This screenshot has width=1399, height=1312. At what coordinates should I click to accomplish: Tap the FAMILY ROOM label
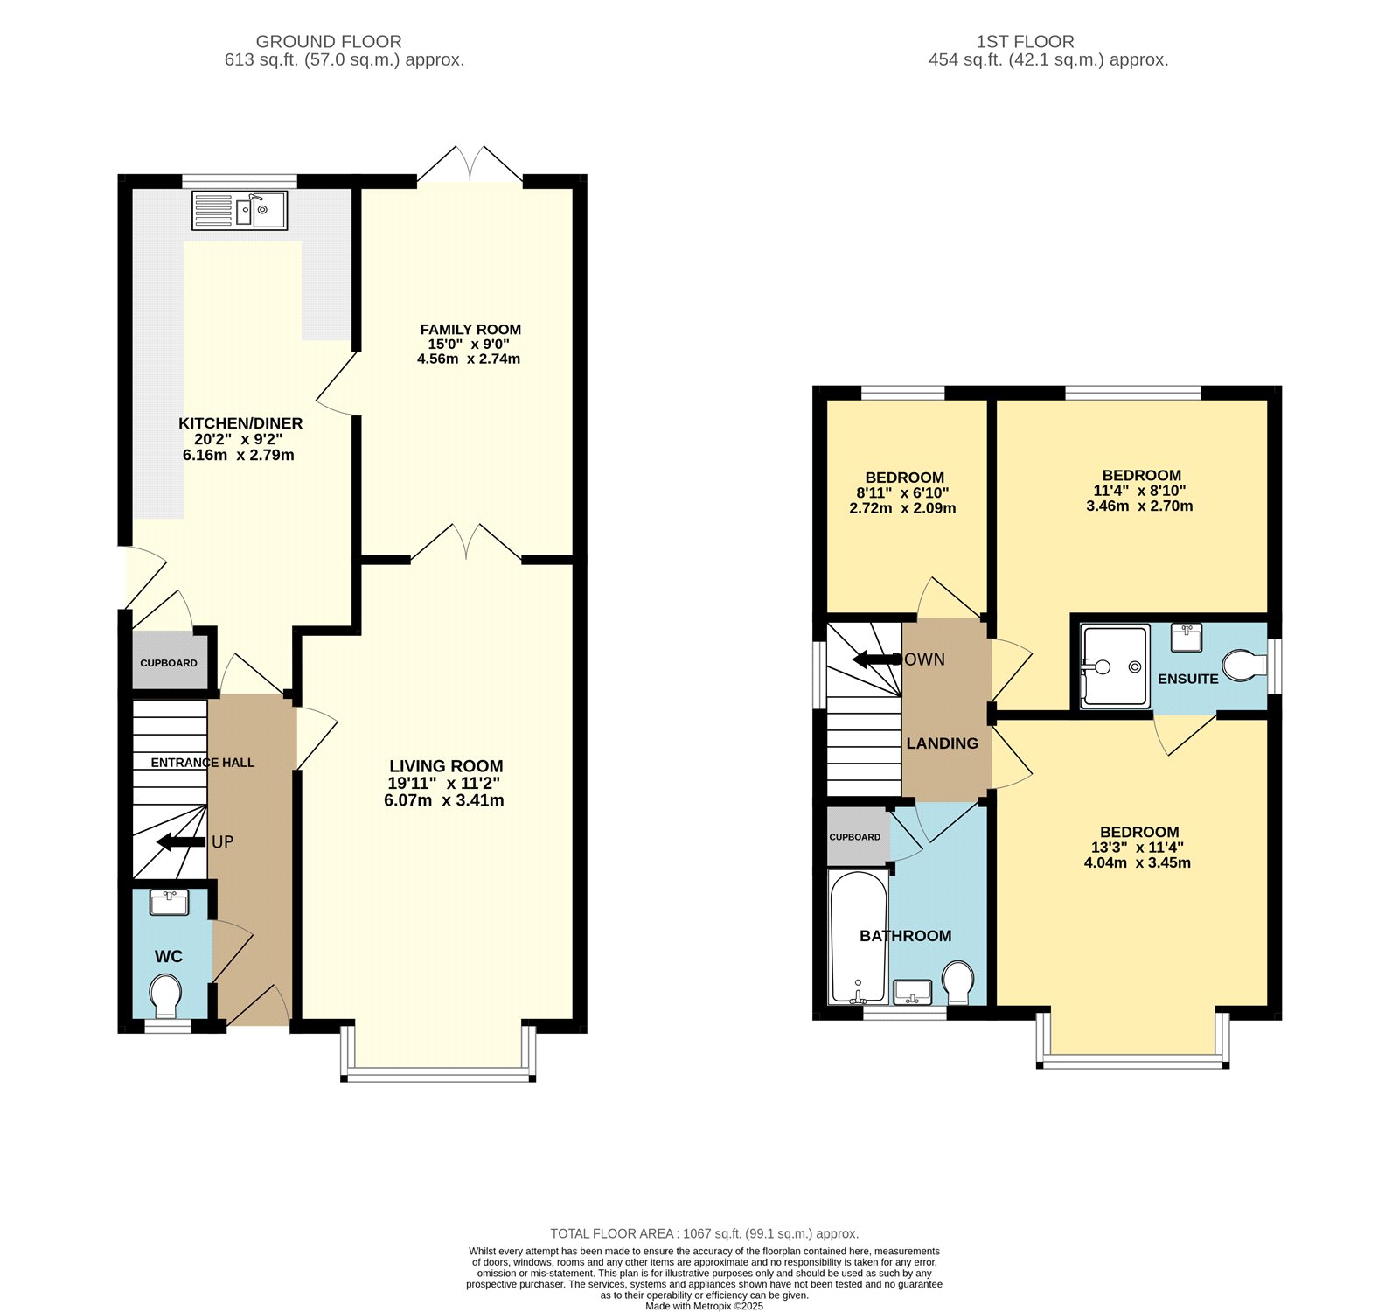(470, 330)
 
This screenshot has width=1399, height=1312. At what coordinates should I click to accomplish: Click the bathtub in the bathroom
(858, 937)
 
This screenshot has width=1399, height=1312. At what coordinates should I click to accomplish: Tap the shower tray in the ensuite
(1114, 666)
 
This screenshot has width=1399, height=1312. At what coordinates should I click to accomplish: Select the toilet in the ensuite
(1243, 665)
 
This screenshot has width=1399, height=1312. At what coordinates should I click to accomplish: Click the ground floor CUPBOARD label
(169, 663)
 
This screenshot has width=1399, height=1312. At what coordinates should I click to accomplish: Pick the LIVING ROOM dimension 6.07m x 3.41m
(444, 800)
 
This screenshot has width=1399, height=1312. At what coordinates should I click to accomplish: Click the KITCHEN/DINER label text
(240, 423)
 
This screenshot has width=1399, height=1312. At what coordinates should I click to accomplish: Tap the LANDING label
(943, 743)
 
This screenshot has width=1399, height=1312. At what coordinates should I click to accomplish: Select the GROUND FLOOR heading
(329, 41)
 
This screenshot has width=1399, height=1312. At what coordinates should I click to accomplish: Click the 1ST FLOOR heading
(1026, 41)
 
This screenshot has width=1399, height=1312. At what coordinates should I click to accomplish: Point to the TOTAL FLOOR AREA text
(704, 1233)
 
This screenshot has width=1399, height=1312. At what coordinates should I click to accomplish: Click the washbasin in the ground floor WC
(169, 902)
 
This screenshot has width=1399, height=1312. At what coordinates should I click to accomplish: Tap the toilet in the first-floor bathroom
(959, 982)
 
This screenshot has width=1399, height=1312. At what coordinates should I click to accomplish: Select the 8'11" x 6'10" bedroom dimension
(902, 492)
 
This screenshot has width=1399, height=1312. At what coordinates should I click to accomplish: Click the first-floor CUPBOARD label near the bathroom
(855, 837)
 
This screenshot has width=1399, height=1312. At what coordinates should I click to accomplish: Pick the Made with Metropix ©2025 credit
(704, 1306)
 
